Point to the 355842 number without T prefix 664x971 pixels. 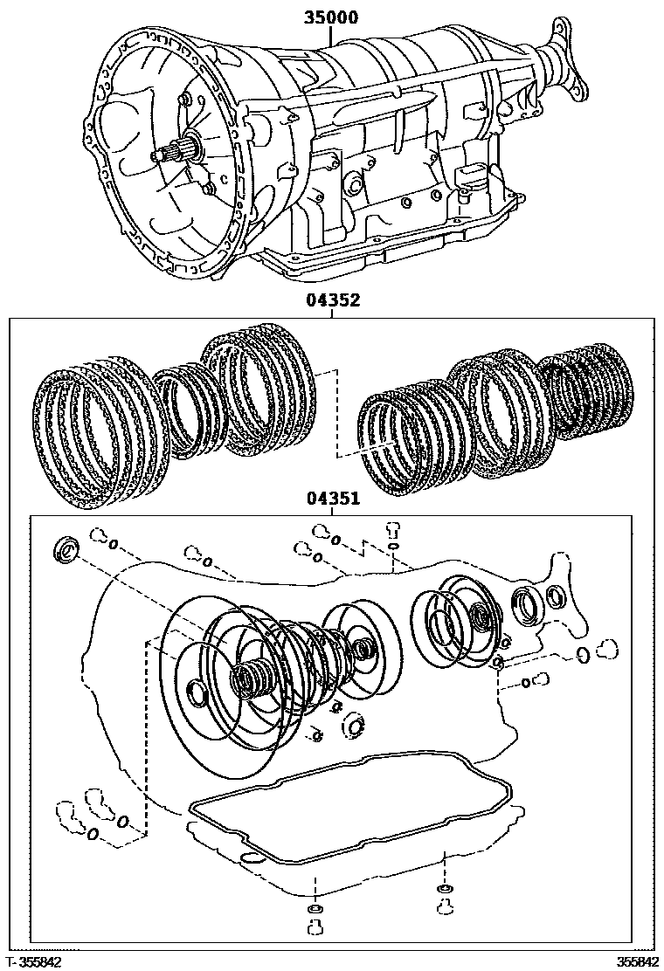click(x=639, y=961)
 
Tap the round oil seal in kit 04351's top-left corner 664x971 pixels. click(x=66, y=550)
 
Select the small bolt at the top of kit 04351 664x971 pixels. click(x=392, y=528)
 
